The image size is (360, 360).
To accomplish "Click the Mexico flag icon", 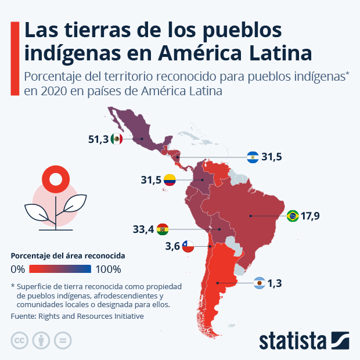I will point(117,139).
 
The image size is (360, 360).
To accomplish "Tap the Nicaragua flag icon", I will point(252,157).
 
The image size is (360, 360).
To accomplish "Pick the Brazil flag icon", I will point(293,216).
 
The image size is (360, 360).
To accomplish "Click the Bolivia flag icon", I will point(163,229).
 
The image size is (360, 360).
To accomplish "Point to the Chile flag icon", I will point(188,246).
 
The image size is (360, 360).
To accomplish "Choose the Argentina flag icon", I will point(260,283).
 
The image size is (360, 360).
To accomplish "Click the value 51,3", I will point(98,139).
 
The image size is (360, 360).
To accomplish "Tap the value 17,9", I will point(311,216).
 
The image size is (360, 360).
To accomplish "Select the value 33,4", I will point(143,229).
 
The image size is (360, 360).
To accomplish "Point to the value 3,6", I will point(172,246).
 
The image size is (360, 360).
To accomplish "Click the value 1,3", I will point(275,283).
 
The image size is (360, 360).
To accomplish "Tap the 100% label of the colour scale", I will point(108,269).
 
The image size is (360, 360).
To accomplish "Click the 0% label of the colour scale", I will point(18,269).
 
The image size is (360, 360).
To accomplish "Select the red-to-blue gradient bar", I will point(60,269).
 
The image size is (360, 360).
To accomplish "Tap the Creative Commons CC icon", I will point(20,340).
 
